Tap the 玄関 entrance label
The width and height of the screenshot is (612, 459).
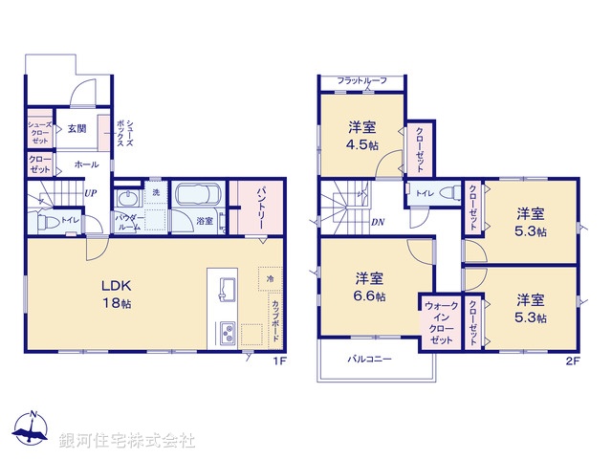click(x=76, y=127)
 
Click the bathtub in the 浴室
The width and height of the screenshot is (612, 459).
click(x=198, y=197)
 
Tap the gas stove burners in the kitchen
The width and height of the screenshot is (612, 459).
click(x=228, y=334)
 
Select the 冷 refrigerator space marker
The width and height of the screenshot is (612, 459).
click(x=271, y=278)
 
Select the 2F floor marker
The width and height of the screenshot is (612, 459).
click(x=572, y=361)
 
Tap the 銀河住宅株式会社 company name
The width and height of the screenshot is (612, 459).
click(x=127, y=441)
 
